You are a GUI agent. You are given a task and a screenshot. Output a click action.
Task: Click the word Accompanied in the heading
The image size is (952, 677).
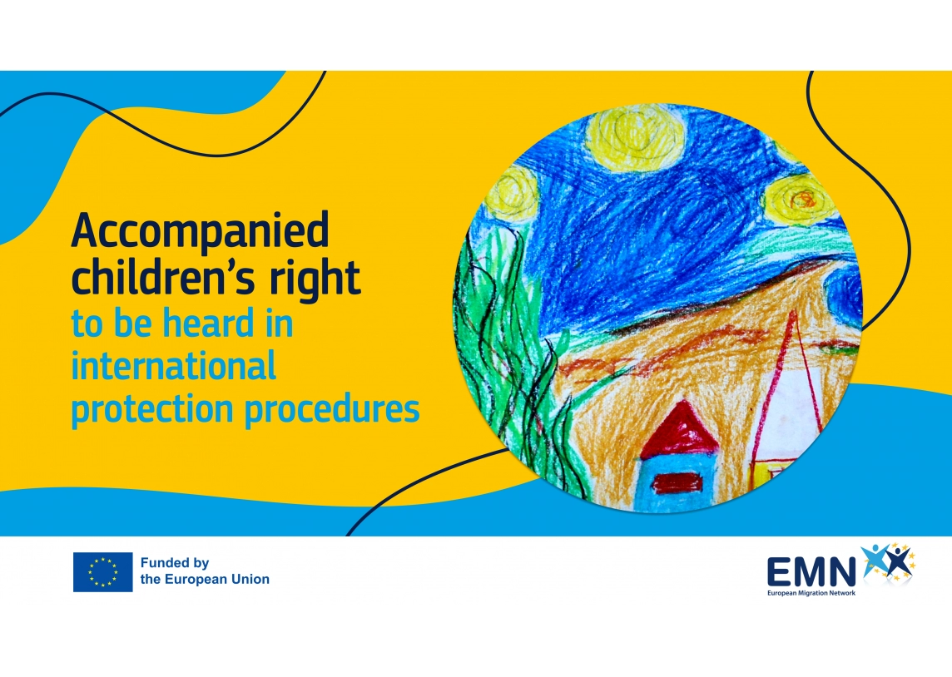[x=201, y=232]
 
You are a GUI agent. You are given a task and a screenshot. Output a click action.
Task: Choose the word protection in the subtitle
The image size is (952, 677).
[x=152, y=409]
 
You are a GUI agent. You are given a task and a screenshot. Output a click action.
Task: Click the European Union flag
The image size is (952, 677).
[x=102, y=572]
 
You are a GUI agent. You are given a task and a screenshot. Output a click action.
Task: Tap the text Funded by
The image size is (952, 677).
[x=175, y=563]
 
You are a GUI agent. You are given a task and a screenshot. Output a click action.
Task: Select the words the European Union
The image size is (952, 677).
[x=206, y=580]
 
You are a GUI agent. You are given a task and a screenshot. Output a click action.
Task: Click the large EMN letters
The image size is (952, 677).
[x=811, y=571]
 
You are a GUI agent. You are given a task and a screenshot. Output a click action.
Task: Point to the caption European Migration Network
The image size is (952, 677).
[x=811, y=593]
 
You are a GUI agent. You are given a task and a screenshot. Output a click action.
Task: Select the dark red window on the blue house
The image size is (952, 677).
[x=677, y=483]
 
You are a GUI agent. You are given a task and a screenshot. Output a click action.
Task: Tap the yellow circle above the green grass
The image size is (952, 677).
[x=513, y=194]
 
